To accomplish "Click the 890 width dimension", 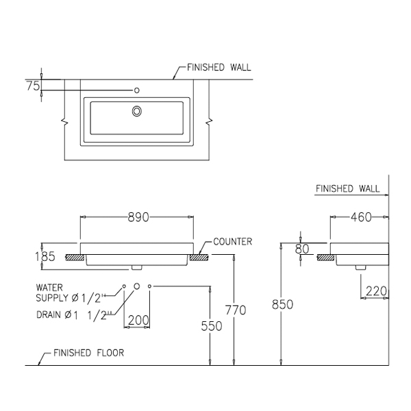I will pyautogui.click(x=138, y=217).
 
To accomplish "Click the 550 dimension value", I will pyautogui.click(x=212, y=327).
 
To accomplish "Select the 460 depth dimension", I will pyautogui.click(x=360, y=218).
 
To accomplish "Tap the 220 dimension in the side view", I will pyautogui.click(x=376, y=290).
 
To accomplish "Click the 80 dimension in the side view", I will pyautogui.click(x=302, y=248).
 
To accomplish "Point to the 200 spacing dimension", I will pyautogui.click(x=139, y=319).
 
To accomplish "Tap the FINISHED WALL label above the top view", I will pyautogui.click(x=219, y=68).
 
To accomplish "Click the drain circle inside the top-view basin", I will pyautogui.click(x=137, y=110).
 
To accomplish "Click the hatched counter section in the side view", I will pyautogui.click(x=326, y=258).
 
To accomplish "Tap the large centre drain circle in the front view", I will pyautogui.click(x=136, y=285).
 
